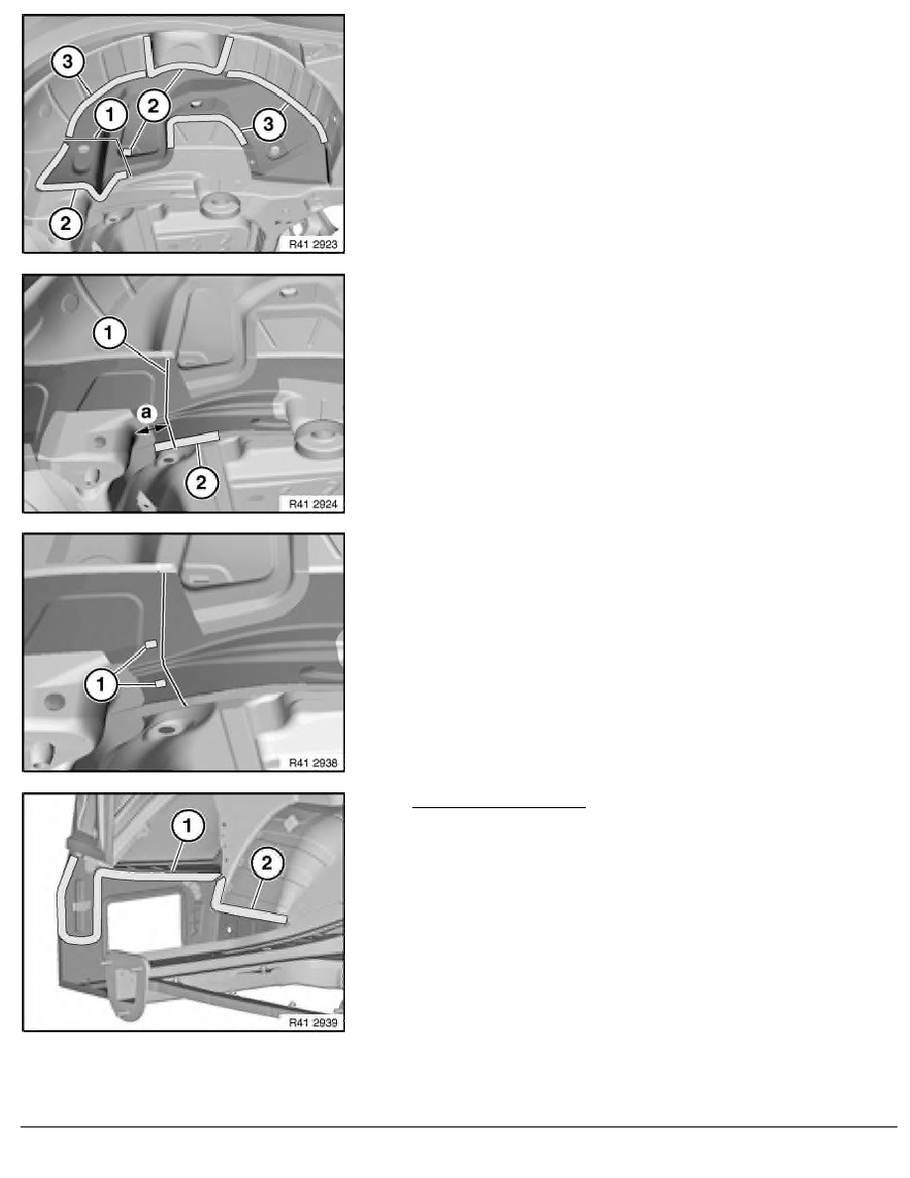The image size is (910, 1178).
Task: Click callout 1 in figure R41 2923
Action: click(110, 115)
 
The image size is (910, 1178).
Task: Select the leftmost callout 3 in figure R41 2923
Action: click(67, 61)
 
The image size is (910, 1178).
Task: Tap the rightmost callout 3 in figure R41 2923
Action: click(268, 123)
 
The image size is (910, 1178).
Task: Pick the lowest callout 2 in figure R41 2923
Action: click(65, 222)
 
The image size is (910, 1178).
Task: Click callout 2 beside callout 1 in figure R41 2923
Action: click(154, 106)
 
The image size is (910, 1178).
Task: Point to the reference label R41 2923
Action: click(313, 244)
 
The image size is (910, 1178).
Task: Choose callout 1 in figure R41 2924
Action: click(109, 332)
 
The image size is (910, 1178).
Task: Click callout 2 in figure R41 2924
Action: click(200, 482)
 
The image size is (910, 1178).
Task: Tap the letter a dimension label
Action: click(147, 412)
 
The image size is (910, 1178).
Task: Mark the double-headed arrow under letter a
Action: click(150, 429)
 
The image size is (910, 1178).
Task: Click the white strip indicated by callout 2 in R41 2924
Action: click(187, 441)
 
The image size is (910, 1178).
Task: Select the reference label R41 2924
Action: click(313, 504)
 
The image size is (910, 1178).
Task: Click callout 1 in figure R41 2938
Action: click(100, 684)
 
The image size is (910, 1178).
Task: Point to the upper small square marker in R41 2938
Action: click(151, 644)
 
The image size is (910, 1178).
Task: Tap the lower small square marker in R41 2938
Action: click(160, 683)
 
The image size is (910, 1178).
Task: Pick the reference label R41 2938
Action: click(313, 763)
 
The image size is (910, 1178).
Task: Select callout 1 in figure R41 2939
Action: click(187, 826)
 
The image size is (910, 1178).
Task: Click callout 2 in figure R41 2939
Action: click(267, 864)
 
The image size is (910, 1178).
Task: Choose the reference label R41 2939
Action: click(313, 1022)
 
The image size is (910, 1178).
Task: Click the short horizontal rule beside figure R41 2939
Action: click(499, 807)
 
